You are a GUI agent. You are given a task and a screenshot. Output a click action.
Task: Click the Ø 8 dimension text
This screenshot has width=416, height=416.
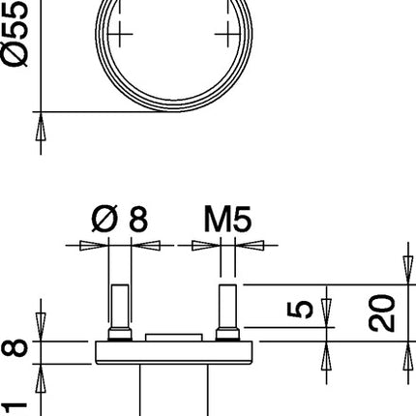(x=124, y=220)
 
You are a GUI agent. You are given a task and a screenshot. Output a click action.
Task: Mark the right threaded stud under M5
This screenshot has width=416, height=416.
(x=228, y=311)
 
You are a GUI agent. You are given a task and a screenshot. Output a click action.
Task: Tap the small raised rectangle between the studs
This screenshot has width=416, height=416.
(x=174, y=337)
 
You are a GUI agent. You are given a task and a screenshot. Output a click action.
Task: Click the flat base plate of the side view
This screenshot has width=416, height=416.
(x=174, y=351)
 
